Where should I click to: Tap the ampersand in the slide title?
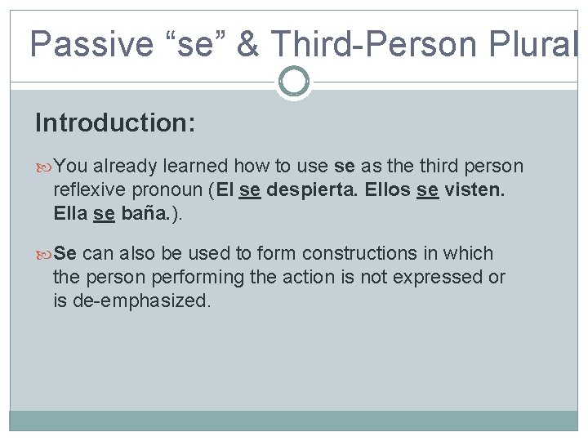pyautogui.click(x=248, y=42)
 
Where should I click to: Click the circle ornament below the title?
pyautogui.click(x=293, y=82)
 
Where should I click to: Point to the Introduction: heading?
pyautogui.click(x=115, y=123)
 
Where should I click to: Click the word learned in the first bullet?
pyautogui.click(x=197, y=167)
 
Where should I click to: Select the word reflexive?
pyautogui.click(x=90, y=191)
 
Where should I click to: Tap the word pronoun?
pyautogui.click(x=168, y=191)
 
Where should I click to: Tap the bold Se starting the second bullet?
pyautogui.click(x=65, y=253)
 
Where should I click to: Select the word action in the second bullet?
pyautogui.click(x=310, y=277)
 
